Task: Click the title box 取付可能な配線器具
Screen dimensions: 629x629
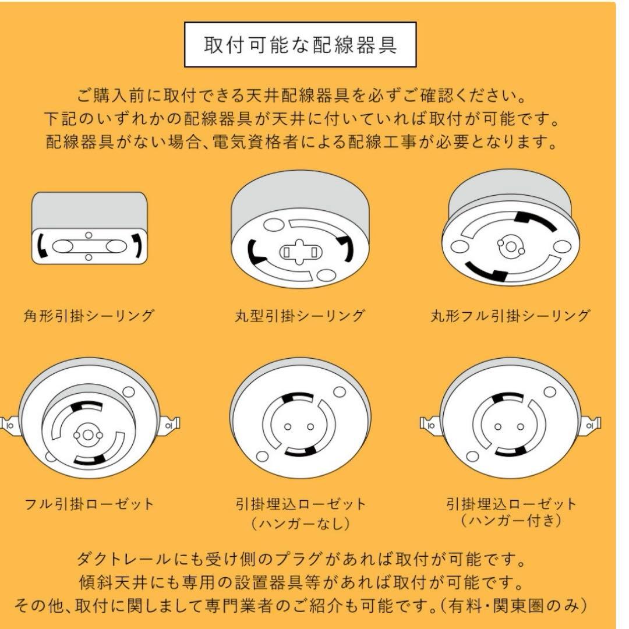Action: click(x=300, y=45)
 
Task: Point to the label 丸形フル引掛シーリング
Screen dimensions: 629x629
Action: click(x=510, y=316)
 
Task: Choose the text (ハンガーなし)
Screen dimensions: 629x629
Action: click(x=301, y=524)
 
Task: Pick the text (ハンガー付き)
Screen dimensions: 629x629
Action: click(x=511, y=520)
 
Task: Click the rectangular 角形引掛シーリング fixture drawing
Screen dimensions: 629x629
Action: click(x=89, y=229)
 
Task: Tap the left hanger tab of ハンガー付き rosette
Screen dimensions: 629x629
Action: click(x=430, y=425)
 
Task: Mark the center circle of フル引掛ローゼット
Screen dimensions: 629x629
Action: click(x=87, y=435)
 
